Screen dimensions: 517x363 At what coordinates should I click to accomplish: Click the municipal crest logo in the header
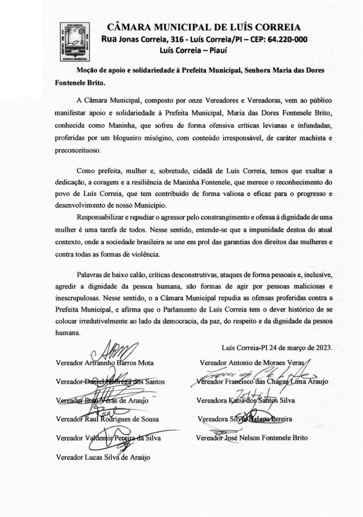click(75, 42)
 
